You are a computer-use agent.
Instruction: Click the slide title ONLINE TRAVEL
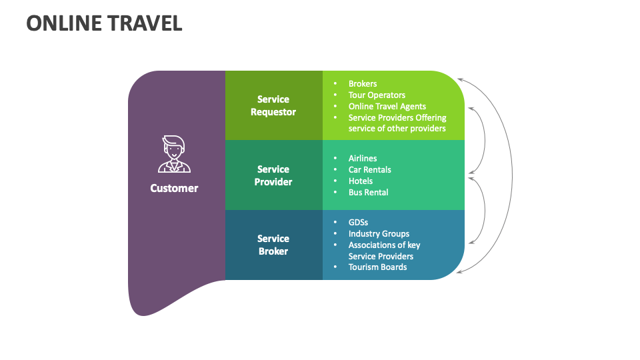tap(104, 23)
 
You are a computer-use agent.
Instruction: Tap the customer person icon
tap(174, 155)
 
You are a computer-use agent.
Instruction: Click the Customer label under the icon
tap(174, 188)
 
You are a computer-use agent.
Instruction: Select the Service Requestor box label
tap(273, 106)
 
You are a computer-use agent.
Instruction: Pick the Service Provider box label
tap(273, 175)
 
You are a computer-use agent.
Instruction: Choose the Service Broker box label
tap(273, 245)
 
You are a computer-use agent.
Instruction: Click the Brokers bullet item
tap(363, 84)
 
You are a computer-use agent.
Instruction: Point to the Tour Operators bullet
tap(377, 95)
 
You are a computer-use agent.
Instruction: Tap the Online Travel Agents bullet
tap(387, 106)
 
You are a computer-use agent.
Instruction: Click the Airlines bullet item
tap(363, 159)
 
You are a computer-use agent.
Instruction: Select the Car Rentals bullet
tap(369, 170)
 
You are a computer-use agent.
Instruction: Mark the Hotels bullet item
tap(361, 181)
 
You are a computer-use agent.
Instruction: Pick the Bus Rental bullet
tap(368, 193)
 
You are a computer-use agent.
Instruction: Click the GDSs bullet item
tap(358, 223)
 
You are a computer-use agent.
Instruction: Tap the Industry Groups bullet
tap(379, 234)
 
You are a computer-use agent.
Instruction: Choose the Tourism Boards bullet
tap(377, 267)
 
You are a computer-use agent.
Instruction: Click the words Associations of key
tap(384, 245)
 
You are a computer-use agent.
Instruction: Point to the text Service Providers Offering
tap(397, 117)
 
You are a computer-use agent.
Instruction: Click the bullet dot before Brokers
tap(335, 84)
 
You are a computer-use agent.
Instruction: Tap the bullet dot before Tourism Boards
tap(335, 267)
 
